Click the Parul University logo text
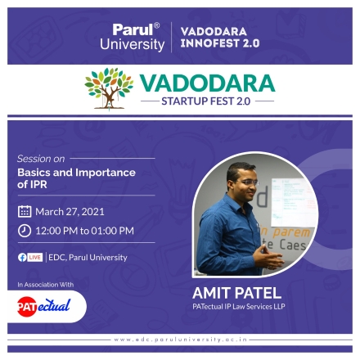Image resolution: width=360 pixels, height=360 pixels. tap(133, 37)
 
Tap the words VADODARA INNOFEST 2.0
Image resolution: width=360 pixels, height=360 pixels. tap(220, 38)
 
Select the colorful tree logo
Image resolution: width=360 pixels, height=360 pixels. tap(109, 88)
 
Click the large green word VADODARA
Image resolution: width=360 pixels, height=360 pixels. tap(208, 83)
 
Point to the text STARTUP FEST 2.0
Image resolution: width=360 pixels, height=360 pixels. tap(206, 101)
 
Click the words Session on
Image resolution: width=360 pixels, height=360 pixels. tap(41, 159)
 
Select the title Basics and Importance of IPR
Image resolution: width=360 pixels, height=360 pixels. tap(76, 178)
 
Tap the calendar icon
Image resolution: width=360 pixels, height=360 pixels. tap(25, 212)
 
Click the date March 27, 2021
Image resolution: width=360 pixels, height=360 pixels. tap(70, 212)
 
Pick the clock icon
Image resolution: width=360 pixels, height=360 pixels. tap(25, 231)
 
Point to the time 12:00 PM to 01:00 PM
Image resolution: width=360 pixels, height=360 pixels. tap(85, 231)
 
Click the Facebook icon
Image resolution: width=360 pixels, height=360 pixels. tap(22, 258)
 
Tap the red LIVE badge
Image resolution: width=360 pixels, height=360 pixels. tap(35, 257)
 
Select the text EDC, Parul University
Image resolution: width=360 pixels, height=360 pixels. tap(88, 258)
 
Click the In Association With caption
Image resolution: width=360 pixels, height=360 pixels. tap(46, 285)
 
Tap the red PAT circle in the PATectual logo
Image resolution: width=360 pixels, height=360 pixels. tap(27, 307)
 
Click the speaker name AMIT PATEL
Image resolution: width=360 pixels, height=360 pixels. tap(236, 293)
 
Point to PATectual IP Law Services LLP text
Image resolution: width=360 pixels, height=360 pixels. tap(239, 307)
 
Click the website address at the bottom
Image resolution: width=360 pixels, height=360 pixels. tap(181, 340)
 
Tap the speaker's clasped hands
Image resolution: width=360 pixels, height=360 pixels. tap(268, 256)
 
